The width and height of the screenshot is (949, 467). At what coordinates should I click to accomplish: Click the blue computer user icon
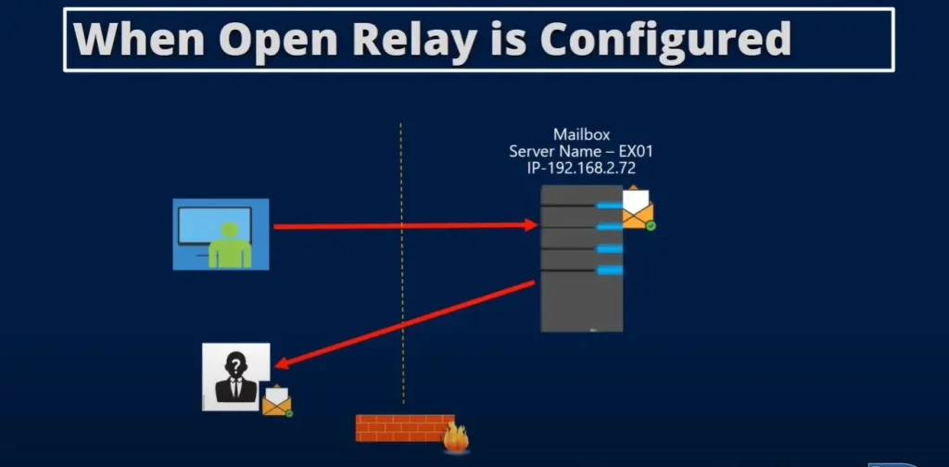pyautogui.click(x=221, y=233)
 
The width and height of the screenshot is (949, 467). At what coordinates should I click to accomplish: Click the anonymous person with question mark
pyautogui.click(x=235, y=376)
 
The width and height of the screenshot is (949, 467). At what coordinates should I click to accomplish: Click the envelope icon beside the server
pyautogui.click(x=637, y=209)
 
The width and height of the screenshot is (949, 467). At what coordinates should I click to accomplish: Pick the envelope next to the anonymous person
pyautogui.click(x=276, y=400)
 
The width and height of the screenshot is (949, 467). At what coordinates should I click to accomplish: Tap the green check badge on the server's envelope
pyautogui.click(x=651, y=225)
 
